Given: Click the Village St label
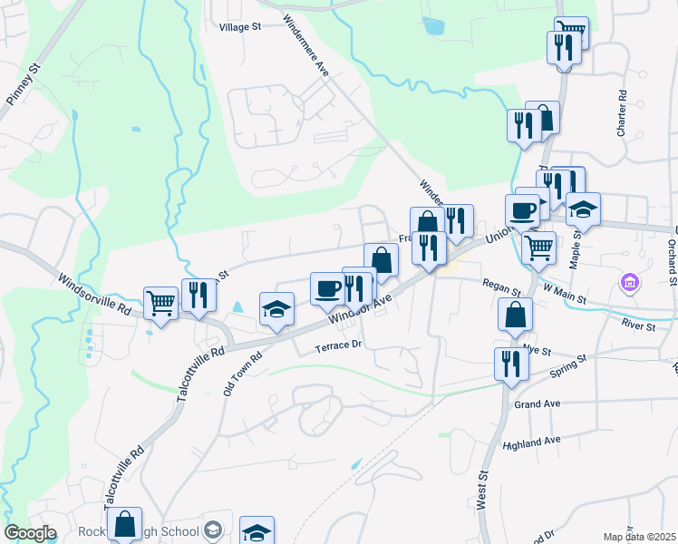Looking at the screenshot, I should [x=239, y=27].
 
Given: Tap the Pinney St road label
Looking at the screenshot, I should [x=24, y=84].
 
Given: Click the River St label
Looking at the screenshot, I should [x=638, y=324].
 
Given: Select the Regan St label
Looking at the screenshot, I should [x=501, y=288].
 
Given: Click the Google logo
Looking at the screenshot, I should [x=30, y=533].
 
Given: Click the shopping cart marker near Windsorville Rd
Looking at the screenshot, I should [x=160, y=302].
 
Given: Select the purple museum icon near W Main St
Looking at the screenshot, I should [x=630, y=284].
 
